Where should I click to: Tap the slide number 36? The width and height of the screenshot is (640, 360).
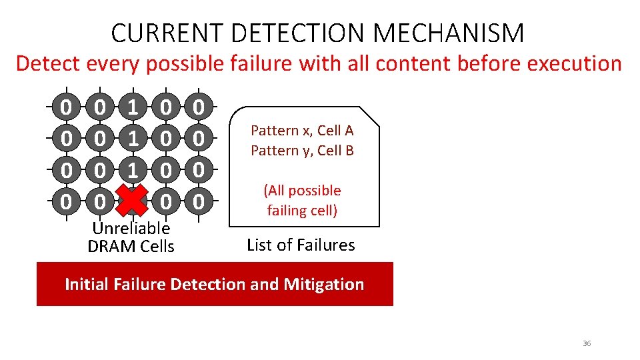click(587, 343)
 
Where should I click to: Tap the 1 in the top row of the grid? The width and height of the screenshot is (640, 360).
click(133, 107)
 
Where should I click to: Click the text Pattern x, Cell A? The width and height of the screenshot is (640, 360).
click(302, 131)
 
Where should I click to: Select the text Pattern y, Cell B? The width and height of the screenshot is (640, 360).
click(302, 151)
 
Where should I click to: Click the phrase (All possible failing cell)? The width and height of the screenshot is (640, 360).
click(302, 201)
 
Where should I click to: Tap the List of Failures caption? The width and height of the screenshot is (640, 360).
click(301, 245)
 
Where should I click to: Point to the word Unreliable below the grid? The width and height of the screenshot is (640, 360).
click(131, 228)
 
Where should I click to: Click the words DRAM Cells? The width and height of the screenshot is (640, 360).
click(131, 246)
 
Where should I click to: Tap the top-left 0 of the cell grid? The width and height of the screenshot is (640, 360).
click(66, 107)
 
